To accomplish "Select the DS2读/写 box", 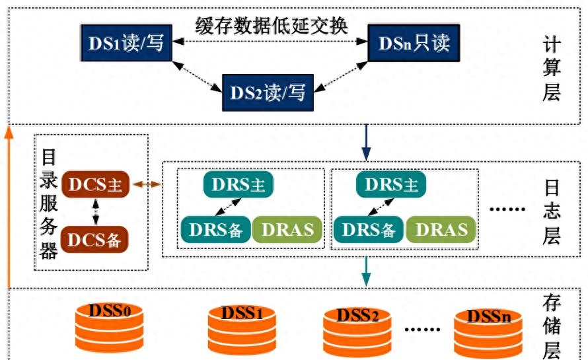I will point(268,92).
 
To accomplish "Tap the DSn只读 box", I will point(414,43).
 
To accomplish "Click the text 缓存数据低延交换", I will point(272,25).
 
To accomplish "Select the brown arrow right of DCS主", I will point(147,185).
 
